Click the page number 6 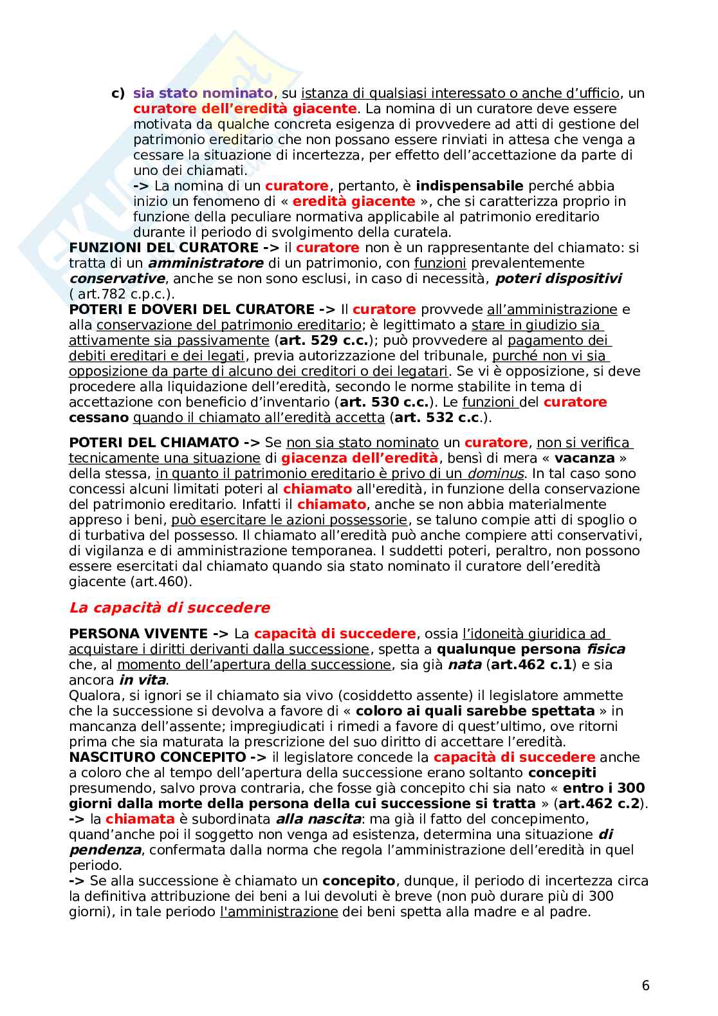tap(645, 985)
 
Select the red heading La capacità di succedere tap(169, 607)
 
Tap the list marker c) tap(118, 93)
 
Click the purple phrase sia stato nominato tap(203, 93)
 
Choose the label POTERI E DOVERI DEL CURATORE tap(192, 309)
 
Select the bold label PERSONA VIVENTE tap(138, 634)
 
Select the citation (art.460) tap(158, 582)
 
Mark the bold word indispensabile tap(470, 186)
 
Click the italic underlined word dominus tap(495, 474)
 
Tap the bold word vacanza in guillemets tap(584, 458)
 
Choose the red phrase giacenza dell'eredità tap(360, 458)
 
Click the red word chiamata tap(140, 819)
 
